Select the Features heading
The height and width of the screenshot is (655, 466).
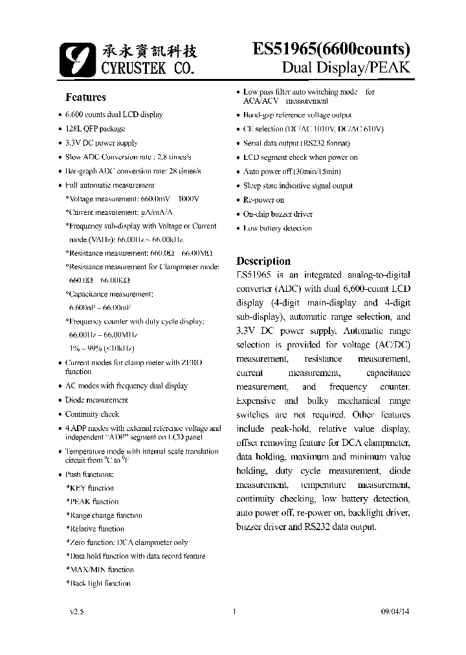point(85,98)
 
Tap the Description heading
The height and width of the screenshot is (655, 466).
point(263,261)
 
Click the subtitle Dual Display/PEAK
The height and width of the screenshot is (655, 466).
point(346,68)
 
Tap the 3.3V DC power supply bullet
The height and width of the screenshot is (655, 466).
point(102,143)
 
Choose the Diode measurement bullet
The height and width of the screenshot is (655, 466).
point(96,400)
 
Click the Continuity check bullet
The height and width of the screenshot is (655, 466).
point(92,414)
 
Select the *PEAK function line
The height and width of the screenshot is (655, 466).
point(93,502)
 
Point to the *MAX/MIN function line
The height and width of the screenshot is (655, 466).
point(100,570)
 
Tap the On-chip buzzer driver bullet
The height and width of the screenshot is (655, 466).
point(278,214)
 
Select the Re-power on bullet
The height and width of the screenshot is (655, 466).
point(263,200)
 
